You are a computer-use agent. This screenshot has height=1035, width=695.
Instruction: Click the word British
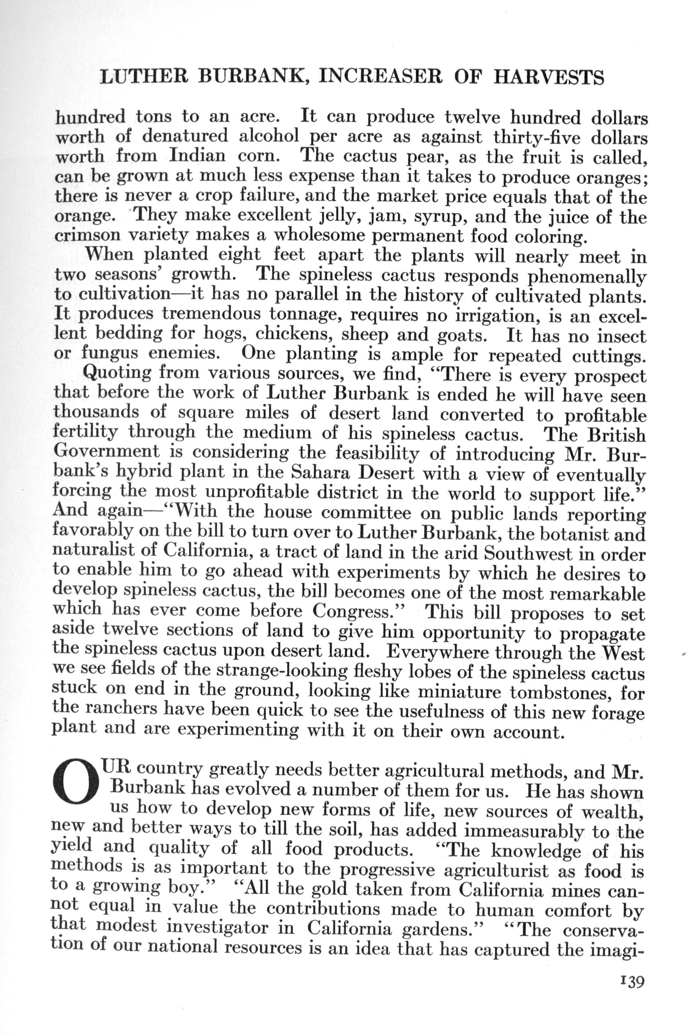pyautogui.click(x=617, y=434)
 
